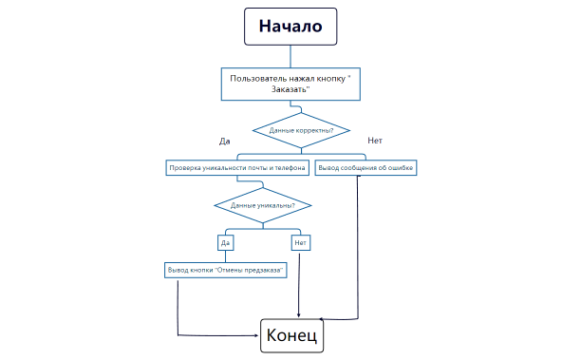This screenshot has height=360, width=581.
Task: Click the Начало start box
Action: [290, 26]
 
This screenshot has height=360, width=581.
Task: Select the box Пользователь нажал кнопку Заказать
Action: [290, 83]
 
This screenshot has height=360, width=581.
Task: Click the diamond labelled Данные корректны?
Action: [301, 129]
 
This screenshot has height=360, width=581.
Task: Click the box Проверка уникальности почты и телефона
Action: [236, 168]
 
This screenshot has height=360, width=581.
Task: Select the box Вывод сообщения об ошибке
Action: [365, 168]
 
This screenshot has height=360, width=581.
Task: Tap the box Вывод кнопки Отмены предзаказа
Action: [226, 270]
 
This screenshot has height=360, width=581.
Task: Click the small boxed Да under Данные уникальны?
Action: [226, 242]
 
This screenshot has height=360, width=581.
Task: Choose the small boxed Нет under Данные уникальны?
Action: [300, 242]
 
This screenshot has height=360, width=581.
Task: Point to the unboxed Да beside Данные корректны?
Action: [225, 142]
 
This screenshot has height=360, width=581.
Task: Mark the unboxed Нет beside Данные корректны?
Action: [374, 141]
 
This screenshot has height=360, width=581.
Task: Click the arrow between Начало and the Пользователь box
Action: [290, 56]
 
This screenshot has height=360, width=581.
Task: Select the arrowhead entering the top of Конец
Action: [300, 315]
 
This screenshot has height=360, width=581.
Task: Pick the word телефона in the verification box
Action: [287, 168]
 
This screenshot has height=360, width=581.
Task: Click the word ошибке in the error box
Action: [400, 168]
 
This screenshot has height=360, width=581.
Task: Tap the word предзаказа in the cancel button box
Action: [264, 270]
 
